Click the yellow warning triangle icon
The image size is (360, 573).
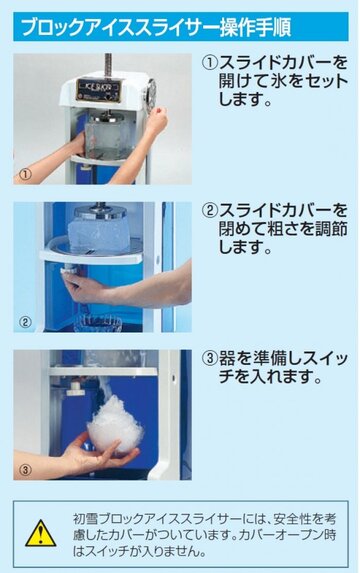click(41, 532)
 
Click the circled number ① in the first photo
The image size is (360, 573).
click(26, 173)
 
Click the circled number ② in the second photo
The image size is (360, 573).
click(26, 321)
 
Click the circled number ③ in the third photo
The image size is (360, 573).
click(26, 468)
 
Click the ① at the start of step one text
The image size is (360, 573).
click(210, 63)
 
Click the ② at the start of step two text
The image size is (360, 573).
click(210, 211)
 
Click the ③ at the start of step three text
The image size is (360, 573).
click(210, 358)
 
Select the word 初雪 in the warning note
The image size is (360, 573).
click(83, 521)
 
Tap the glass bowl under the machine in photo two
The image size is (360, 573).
click(101, 322)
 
